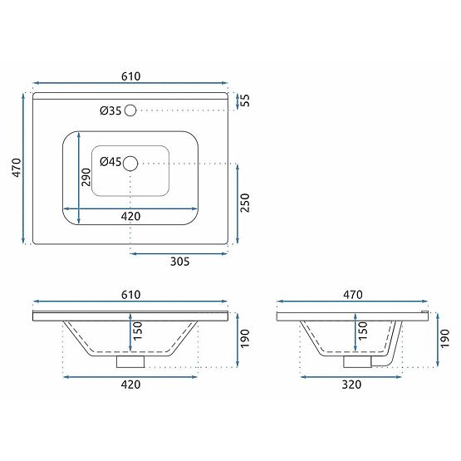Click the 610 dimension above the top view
point(130,76)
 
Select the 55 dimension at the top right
point(245,100)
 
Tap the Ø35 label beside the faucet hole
point(110,110)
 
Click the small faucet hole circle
point(130,110)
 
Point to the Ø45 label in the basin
point(110,163)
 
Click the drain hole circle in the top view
point(130,164)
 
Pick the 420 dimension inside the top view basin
point(130,216)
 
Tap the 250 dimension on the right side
point(245,202)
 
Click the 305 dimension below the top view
point(180,262)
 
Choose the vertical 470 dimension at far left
point(14,168)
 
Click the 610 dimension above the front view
point(130,294)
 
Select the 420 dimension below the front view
point(130,385)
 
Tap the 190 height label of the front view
point(244,339)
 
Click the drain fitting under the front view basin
point(130,361)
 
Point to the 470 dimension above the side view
point(353,294)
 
